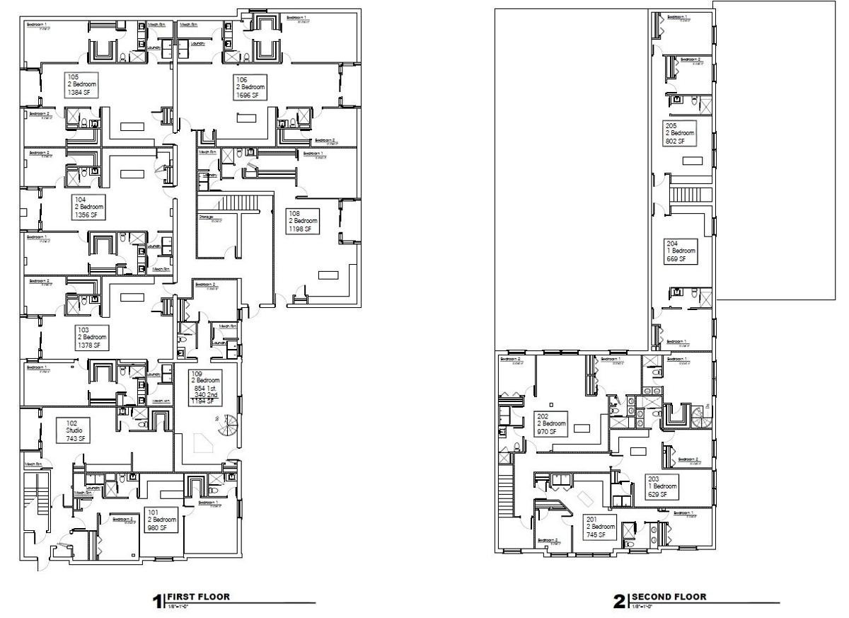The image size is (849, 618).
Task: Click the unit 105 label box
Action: click(x=81, y=84)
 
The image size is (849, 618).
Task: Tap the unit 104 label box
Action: click(x=88, y=207)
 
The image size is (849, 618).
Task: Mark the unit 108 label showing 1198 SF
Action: click(x=301, y=222)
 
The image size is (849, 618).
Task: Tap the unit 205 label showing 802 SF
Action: click(x=680, y=133)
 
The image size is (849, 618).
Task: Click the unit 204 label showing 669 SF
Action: click(x=681, y=251)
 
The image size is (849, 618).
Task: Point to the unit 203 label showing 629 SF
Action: click(x=662, y=487)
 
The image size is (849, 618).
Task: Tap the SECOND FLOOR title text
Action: click(x=669, y=597)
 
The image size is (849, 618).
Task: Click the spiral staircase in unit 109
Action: click(x=226, y=426)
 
